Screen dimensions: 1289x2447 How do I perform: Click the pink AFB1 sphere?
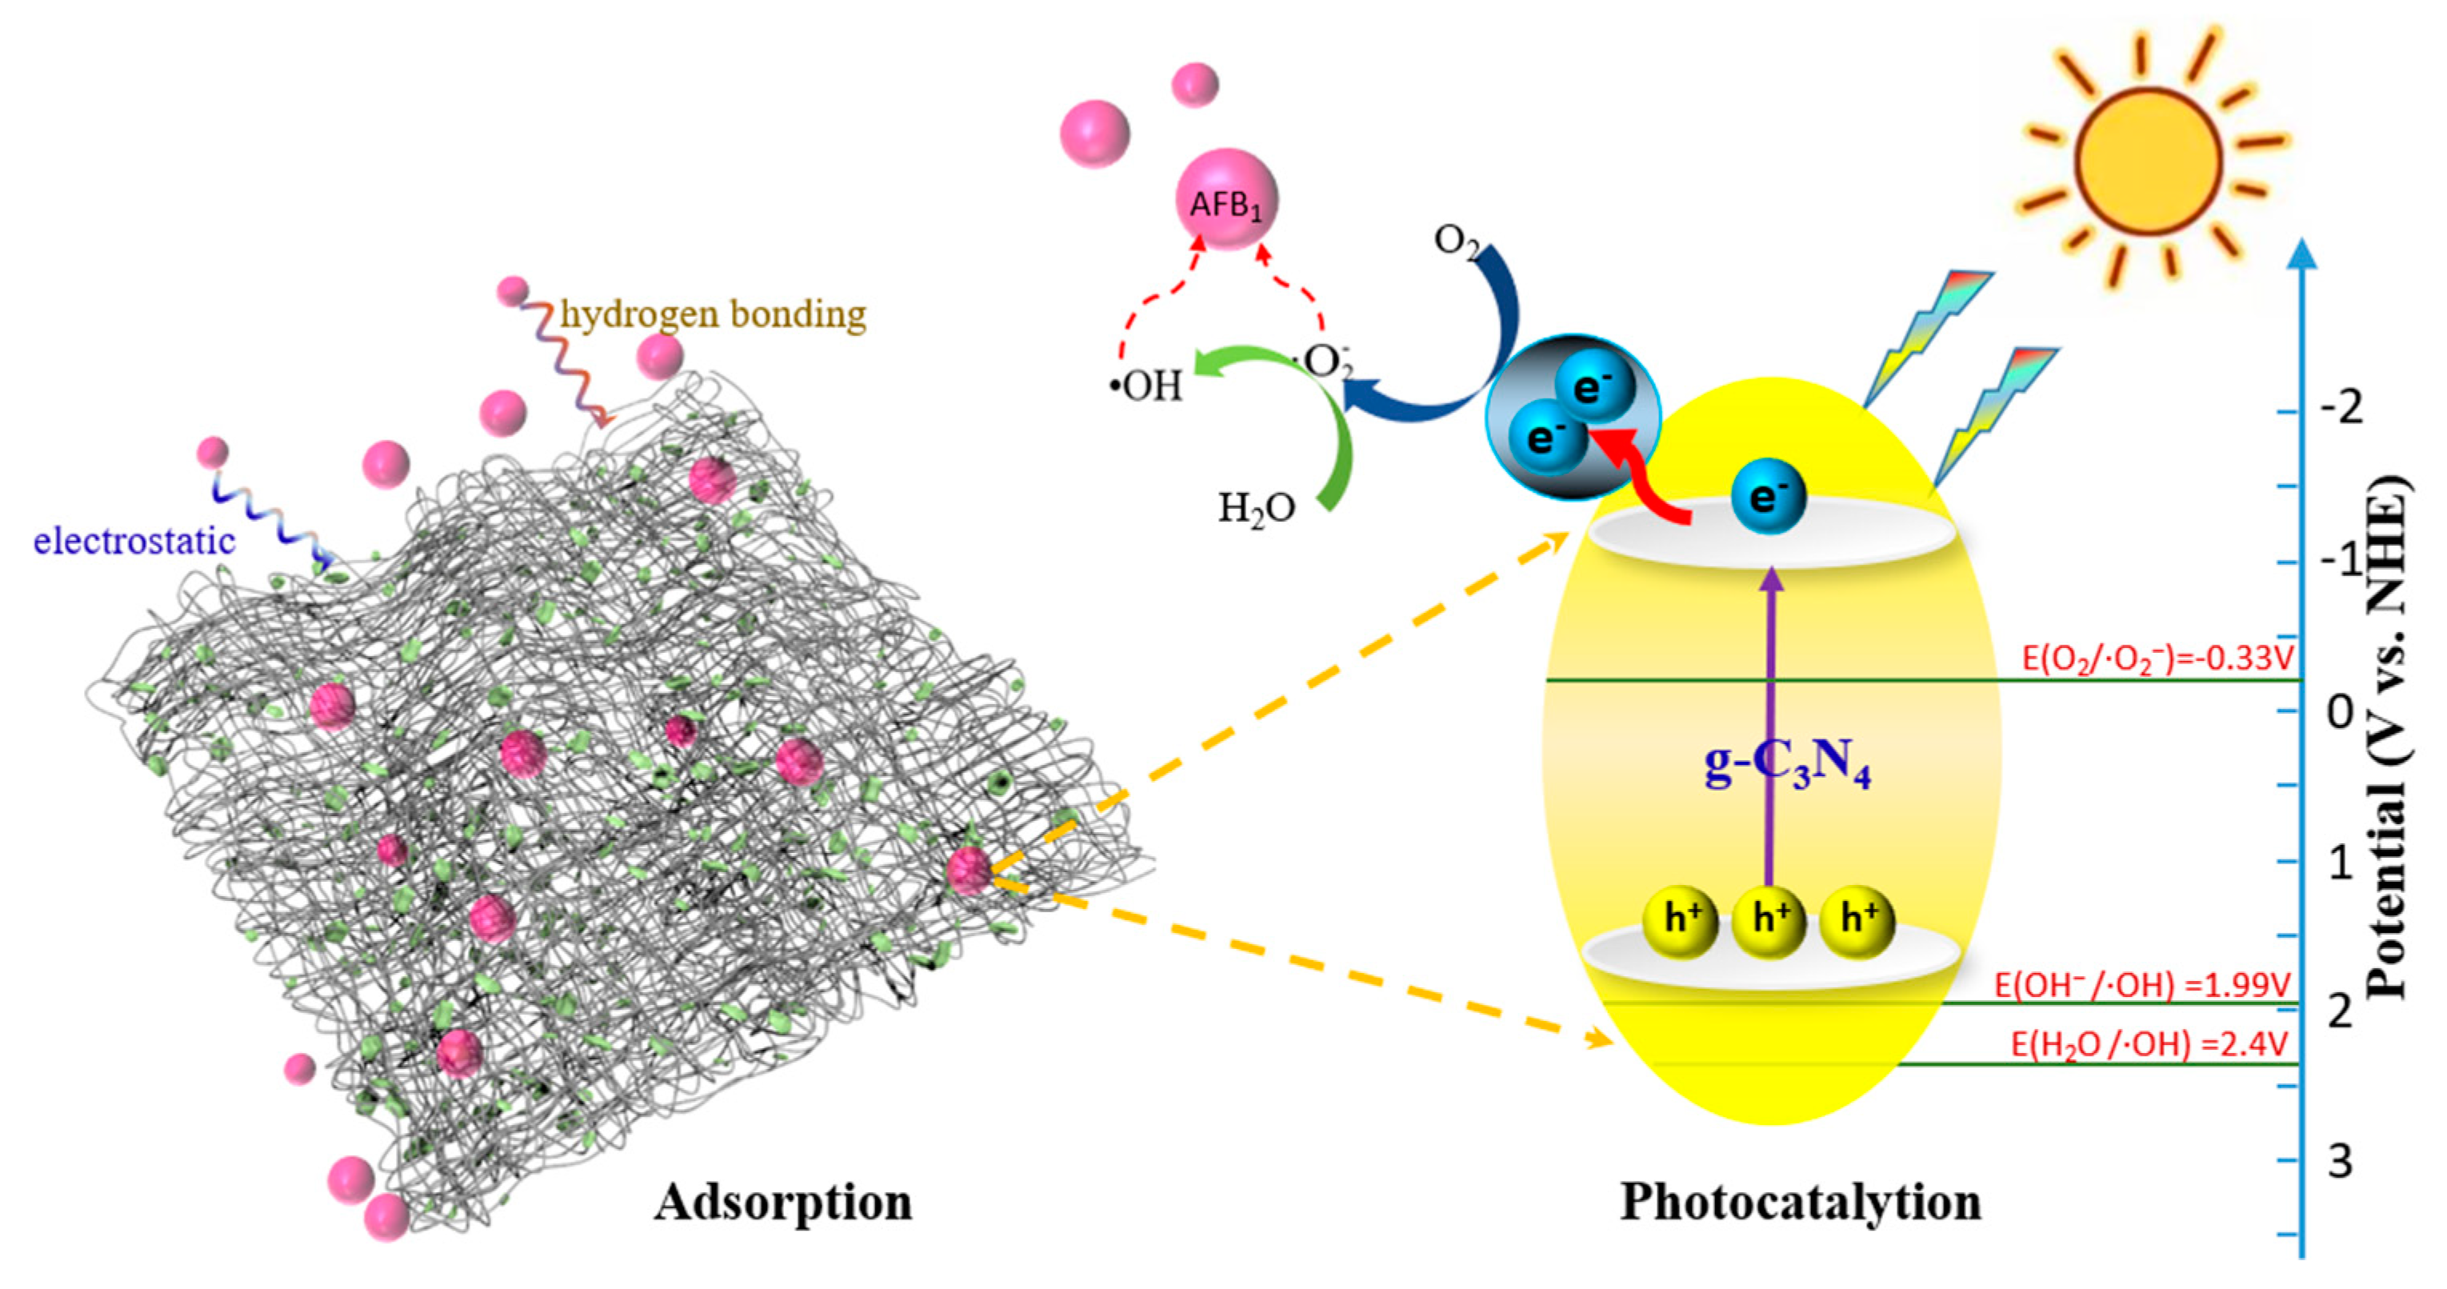(x=1226, y=200)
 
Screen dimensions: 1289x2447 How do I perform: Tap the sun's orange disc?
(x=2149, y=162)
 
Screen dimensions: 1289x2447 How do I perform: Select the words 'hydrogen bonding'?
(x=713, y=314)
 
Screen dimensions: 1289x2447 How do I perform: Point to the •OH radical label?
(x=1147, y=386)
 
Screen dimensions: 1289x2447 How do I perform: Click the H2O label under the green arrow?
(x=1256, y=510)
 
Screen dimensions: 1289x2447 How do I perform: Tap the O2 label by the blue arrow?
(x=1456, y=243)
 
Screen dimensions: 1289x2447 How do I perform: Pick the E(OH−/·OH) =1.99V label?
(x=2142, y=985)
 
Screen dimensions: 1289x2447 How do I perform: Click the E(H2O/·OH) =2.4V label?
(x=2149, y=1045)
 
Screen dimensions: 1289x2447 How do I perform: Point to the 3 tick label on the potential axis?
(x=2340, y=1161)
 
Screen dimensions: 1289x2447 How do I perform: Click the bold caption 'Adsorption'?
(x=782, y=1203)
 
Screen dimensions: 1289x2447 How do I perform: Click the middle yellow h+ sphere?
(x=1768, y=919)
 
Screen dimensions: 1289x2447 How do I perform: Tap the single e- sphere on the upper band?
(x=1766, y=497)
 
